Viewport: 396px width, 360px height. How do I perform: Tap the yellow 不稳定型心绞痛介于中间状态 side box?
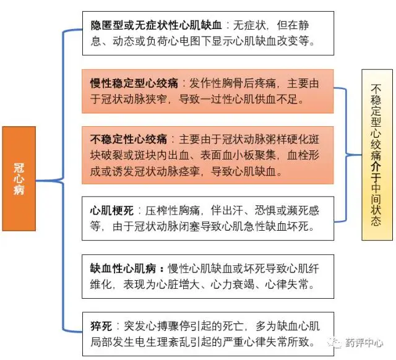pos(377,155)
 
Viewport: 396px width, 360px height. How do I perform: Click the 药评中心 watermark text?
pos(367,342)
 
